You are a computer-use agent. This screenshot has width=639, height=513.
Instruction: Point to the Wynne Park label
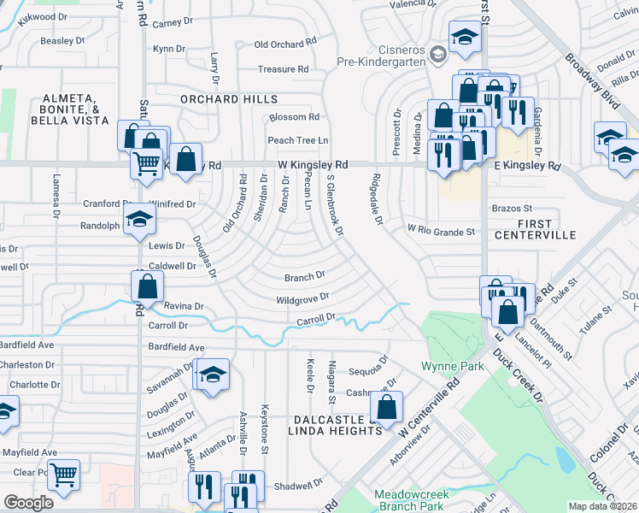pos(453,366)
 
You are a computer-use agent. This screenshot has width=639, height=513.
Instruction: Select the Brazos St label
pos(512,208)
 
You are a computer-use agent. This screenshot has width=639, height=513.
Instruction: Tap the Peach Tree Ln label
pos(298,140)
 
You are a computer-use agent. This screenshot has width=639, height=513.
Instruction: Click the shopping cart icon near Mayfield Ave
pos(63,474)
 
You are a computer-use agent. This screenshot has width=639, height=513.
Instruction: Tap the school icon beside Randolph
pos(140,220)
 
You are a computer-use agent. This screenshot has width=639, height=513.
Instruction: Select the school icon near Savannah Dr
pos(213,374)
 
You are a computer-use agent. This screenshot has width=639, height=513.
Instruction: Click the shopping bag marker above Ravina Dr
pos(148,286)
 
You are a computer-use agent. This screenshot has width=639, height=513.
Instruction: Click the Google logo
pos(28,503)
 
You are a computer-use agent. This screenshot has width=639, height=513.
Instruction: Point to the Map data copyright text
pos(601,506)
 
